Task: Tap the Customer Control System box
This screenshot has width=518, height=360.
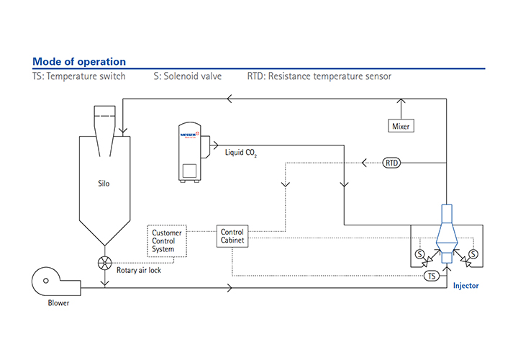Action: (167, 241)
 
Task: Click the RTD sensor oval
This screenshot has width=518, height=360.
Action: (392, 163)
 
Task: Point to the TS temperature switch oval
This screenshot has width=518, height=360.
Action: (432, 276)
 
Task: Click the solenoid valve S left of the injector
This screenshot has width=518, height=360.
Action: (419, 254)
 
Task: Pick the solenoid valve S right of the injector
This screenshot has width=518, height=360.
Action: (473, 254)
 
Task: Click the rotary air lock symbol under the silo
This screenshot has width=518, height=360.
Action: (106, 263)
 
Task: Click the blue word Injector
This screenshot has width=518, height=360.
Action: (465, 286)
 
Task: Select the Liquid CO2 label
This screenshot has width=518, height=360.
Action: (240, 153)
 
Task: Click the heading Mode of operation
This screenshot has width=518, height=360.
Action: (79, 62)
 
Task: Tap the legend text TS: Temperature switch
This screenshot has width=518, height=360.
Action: (79, 76)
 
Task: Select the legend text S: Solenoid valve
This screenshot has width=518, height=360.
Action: (188, 76)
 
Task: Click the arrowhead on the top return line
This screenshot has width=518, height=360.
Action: (230, 99)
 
